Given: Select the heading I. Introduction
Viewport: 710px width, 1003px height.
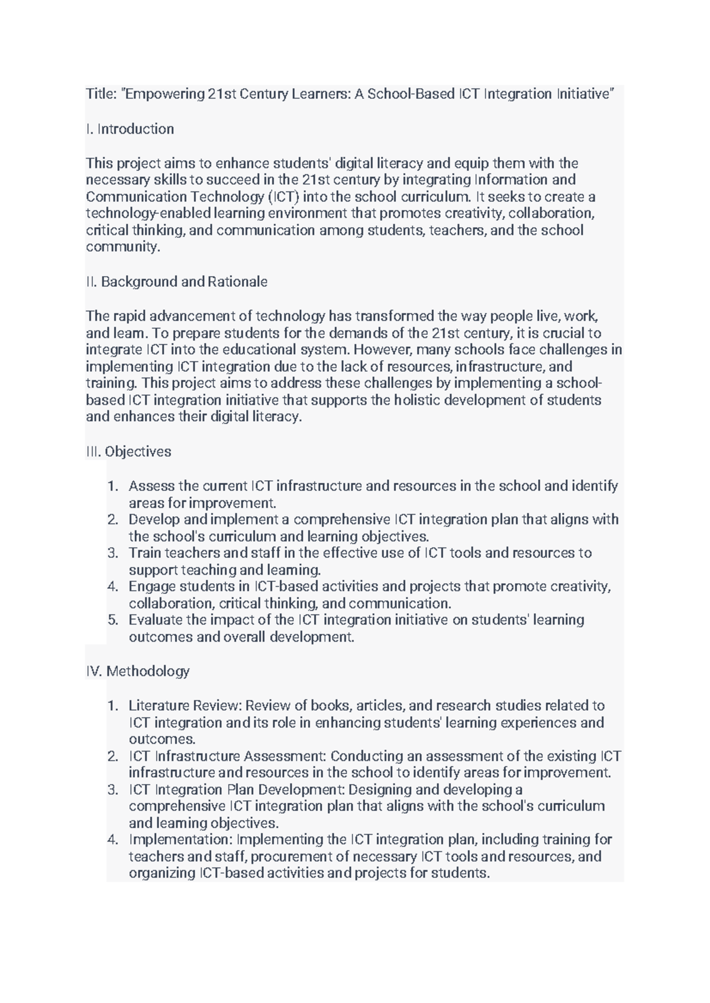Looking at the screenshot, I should coord(130,129).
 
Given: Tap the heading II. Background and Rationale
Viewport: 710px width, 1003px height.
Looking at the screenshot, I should coord(176,282).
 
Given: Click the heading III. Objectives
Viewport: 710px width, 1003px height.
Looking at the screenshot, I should coord(128,452).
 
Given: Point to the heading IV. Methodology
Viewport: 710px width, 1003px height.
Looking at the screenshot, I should coord(137,671).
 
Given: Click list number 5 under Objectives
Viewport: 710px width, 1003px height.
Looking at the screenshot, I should coord(113,620).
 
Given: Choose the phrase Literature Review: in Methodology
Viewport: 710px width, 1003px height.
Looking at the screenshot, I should coord(185,706).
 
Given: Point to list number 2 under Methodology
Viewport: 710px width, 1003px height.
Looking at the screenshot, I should coord(113,756).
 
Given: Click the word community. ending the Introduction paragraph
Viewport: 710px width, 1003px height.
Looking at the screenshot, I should coord(123,247).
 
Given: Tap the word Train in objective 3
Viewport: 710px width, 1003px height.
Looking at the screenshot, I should coord(144,553).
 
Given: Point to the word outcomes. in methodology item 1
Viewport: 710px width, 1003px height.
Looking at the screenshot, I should coord(162,739).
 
